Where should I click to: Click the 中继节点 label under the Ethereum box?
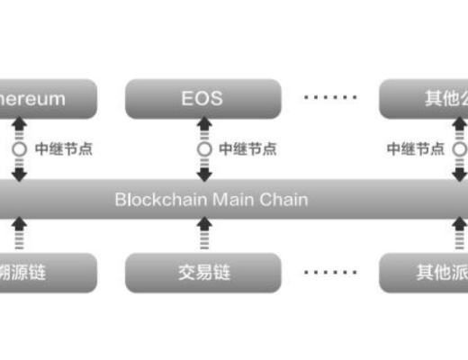pos(63,148)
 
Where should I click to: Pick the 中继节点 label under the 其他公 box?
pos(416,148)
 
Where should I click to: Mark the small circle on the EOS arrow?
pos(205,148)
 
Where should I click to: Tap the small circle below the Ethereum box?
pos(20,148)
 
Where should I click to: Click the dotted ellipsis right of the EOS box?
pos(329,97)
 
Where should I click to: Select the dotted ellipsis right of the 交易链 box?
pos(329,271)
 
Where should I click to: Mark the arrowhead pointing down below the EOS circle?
pos(205,174)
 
